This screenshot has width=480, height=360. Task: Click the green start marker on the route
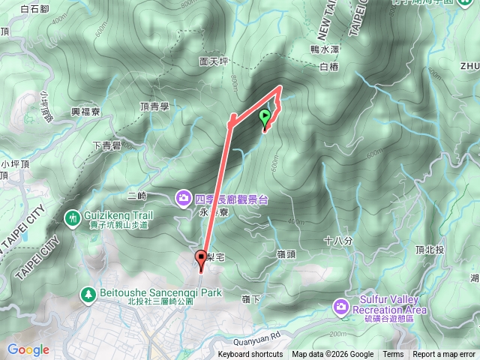tap(265, 117)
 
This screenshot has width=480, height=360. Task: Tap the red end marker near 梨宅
tap(201, 259)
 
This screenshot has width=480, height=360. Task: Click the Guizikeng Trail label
tap(121, 214)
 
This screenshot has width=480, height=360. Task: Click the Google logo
tap(28, 349)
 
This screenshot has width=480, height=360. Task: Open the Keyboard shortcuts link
tap(250, 355)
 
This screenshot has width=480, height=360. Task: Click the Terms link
tap(393, 355)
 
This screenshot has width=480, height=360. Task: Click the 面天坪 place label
tap(214, 62)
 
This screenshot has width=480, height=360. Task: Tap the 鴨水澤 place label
tap(325, 49)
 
